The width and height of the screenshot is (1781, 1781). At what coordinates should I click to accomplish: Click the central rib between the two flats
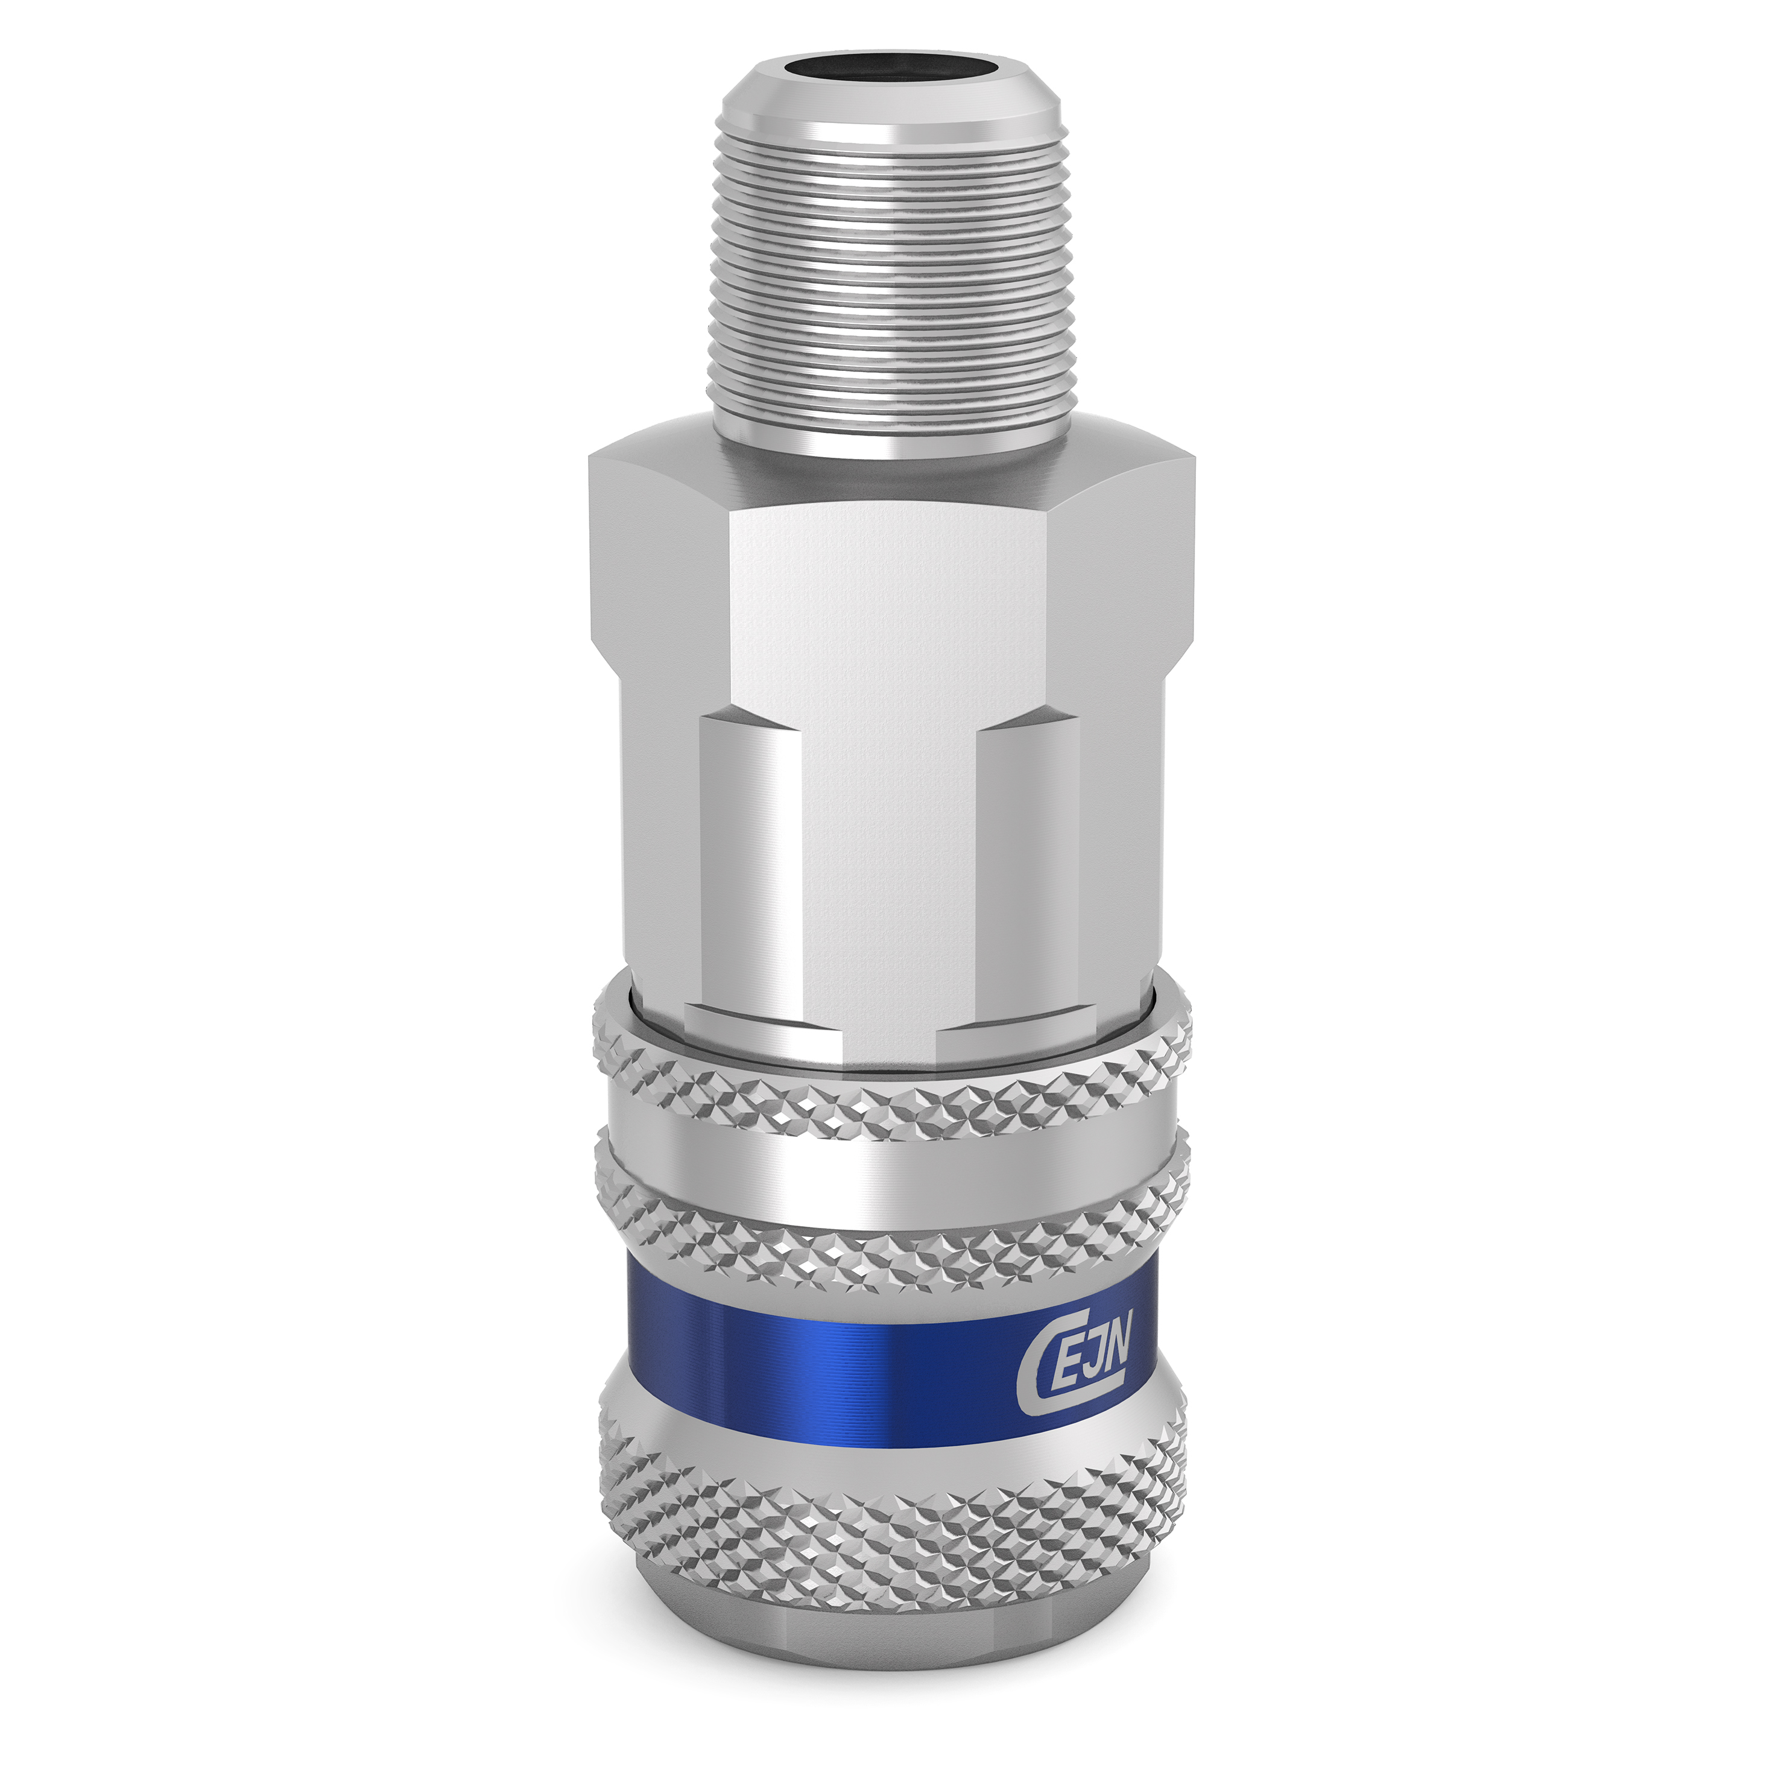(890, 876)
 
